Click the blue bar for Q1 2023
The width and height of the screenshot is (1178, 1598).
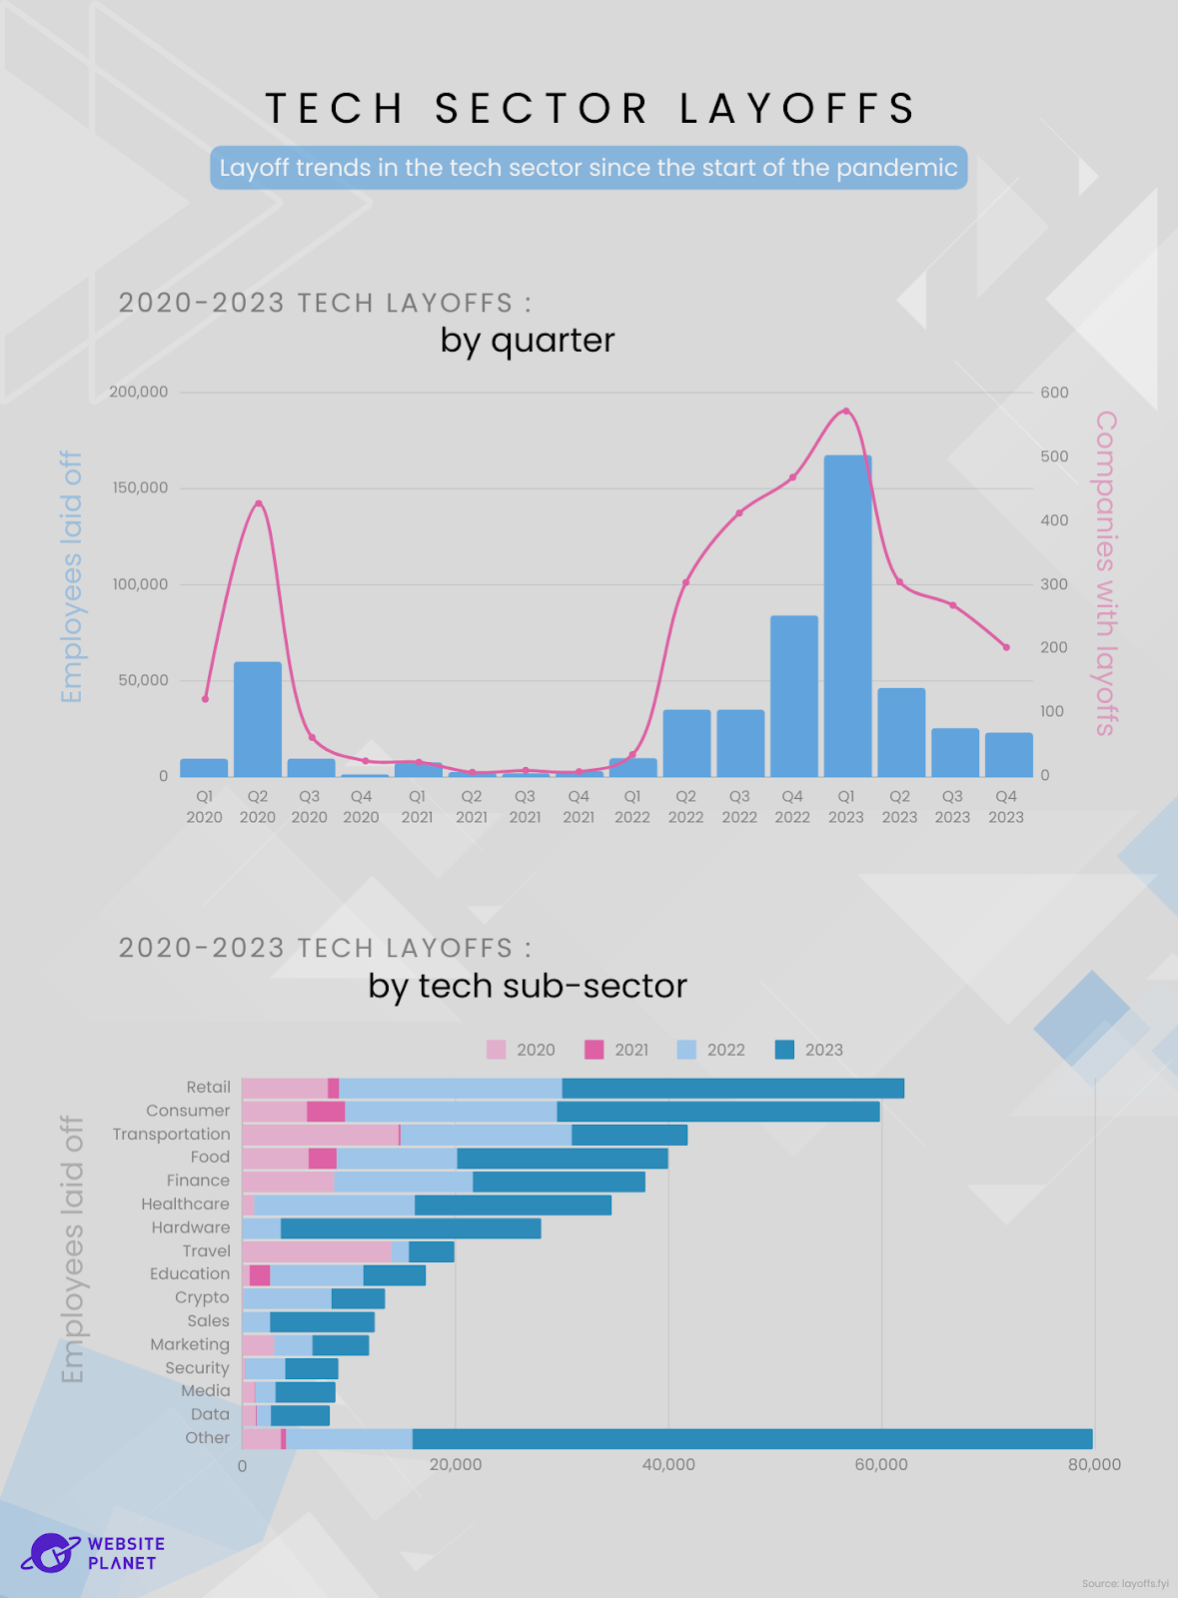point(847,615)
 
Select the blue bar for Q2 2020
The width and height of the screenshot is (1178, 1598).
point(258,718)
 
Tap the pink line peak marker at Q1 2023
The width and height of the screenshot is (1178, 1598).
point(846,410)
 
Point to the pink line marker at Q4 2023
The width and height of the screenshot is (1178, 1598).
point(1006,647)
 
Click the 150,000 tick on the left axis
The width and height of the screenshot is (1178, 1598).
point(140,488)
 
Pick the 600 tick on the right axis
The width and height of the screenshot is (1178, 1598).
point(1054,393)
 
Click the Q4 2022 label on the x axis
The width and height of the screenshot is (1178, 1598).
point(792,807)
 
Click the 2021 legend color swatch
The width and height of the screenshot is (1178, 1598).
point(594,1050)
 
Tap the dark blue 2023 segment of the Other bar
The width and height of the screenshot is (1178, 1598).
point(751,1439)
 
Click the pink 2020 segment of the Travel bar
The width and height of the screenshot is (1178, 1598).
point(316,1251)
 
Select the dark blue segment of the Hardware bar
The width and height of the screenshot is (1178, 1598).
point(411,1228)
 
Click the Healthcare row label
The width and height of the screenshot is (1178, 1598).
point(185,1204)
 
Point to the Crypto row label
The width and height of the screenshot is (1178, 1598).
point(202,1297)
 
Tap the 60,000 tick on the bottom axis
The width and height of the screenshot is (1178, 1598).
point(881,1465)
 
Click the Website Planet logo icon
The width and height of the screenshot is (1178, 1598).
point(50,1553)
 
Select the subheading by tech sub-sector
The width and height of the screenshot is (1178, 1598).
point(528,987)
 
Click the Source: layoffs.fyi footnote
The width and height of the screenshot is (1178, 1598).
point(1124,1584)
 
